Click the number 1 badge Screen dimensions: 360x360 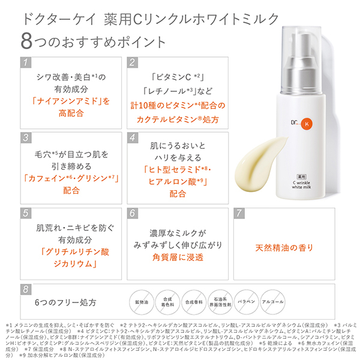pyautogui.click(x=24, y=62)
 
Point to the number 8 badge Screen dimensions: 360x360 pyautogui.click(x=24, y=289)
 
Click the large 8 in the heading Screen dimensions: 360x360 pyautogui.click(x=26, y=41)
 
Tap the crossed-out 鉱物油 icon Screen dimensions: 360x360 pyautogui.click(x=139, y=301)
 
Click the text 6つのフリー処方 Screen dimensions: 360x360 pyautogui.click(x=65, y=302)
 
